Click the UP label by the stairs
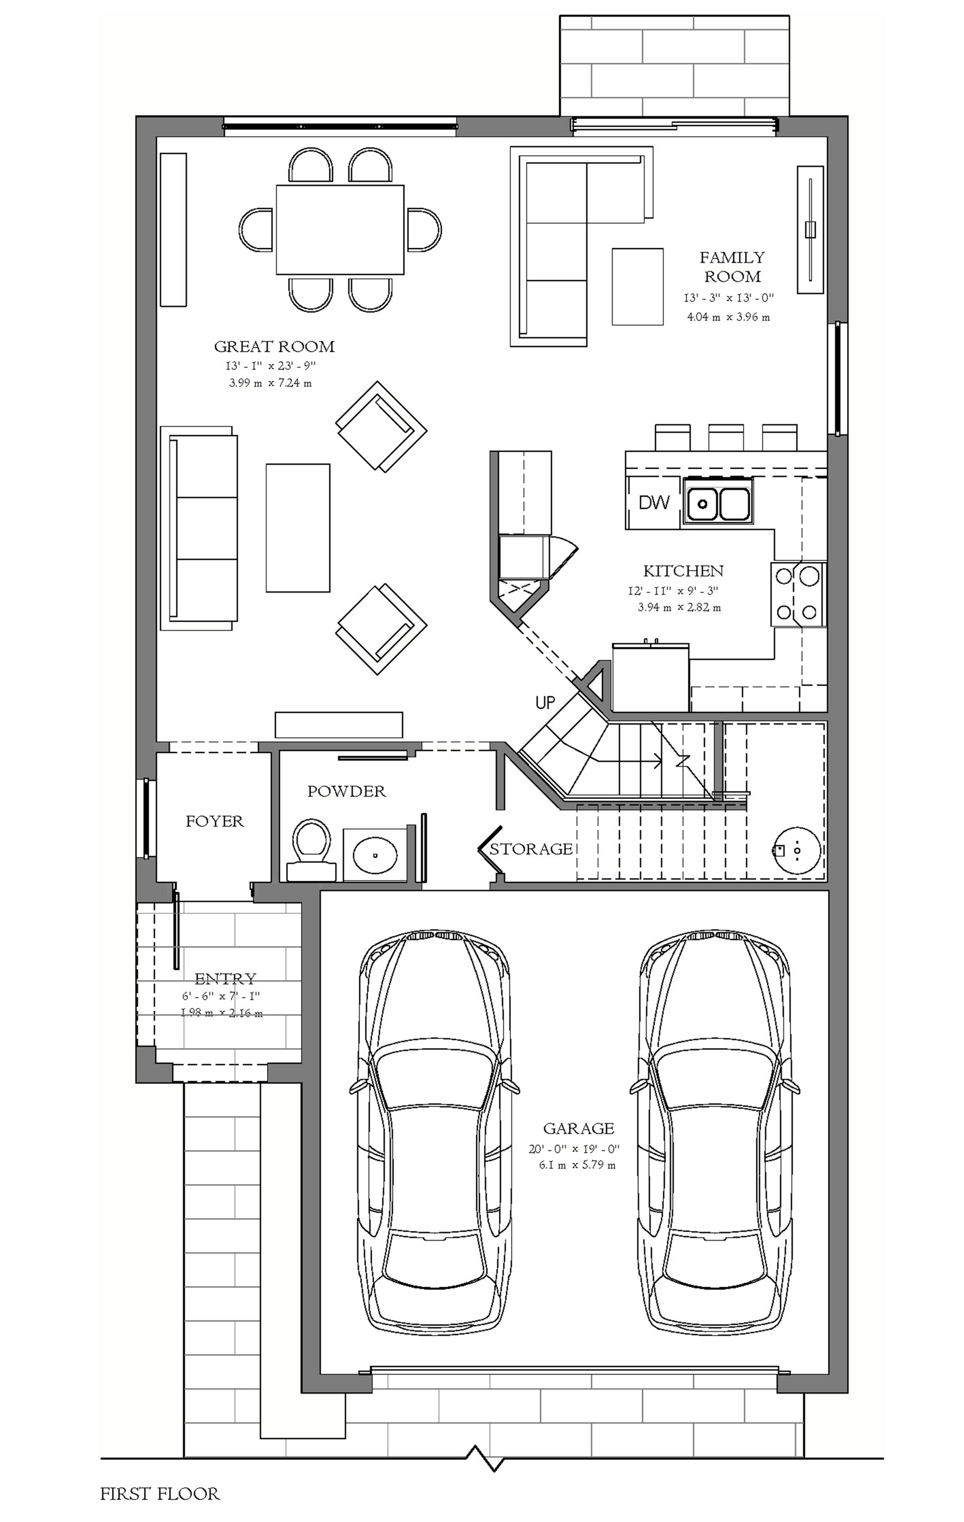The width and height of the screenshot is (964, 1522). pyautogui.click(x=545, y=702)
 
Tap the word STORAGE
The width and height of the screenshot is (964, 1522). pyautogui.click(x=531, y=849)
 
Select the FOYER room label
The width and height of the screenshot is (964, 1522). pyautogui.click(x=214, y=821)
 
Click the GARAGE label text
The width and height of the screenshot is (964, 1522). pyautogui.click(x=578, y=1128)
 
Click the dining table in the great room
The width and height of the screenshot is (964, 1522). pyautogui.click(x=340, y=229)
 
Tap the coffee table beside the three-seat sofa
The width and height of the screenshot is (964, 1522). pyautogui.click(x=298, y=528)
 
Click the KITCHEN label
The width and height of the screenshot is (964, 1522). pyautogui.click(x=683, y=571)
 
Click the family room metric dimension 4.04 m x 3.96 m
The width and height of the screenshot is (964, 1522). pyautogui.click(x=729, y=317)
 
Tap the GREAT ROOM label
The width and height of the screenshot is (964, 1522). pyautogui.click(x=274, y=346)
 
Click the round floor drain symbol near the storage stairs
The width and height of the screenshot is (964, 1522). pyautogui.click(x=797, y=850)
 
